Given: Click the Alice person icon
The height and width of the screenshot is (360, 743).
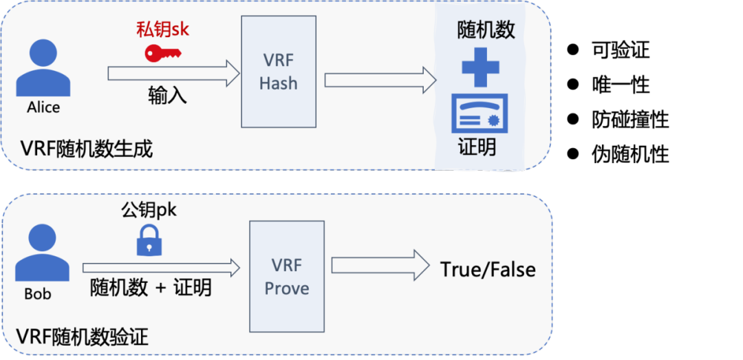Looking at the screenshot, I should tap(43, 69).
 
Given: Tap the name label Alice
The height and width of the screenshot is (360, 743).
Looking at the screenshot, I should tap(43, 107).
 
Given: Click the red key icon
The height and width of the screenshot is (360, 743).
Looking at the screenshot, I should tap(163, 53).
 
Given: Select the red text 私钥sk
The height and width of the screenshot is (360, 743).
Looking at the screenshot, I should tap(162, 30).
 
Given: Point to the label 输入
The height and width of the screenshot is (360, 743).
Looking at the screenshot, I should tap(167, 95).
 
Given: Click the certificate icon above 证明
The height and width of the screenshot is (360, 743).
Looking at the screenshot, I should tap(480, 114).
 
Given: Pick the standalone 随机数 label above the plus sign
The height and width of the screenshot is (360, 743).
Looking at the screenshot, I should tap(486, 31).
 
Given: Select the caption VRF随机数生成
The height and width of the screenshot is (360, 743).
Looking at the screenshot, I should tap(86, 148).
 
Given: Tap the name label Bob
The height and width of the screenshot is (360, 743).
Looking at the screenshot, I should tap(38, 294).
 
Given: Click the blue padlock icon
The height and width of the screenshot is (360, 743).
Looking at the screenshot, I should tap(149, 240).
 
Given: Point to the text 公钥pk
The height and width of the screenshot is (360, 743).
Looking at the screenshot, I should tap(149, 209).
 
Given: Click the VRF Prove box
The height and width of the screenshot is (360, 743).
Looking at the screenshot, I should tap(286, 276).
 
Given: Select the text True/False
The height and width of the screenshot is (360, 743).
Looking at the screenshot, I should tap(488, 269).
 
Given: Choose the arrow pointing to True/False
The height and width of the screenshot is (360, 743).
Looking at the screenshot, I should tap(379, 265).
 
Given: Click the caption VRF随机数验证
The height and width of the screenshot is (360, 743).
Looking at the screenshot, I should tap(83, 337).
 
